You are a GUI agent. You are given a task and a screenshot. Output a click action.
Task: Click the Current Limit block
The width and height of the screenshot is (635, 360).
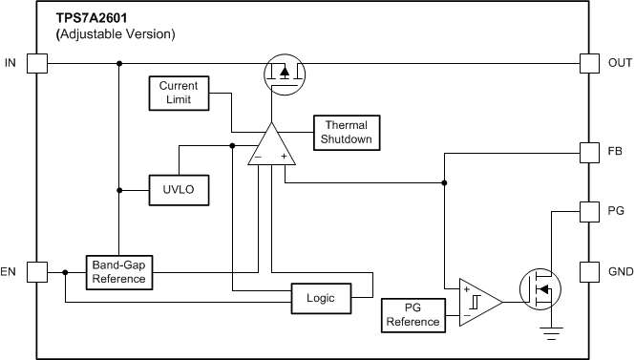(179, 93)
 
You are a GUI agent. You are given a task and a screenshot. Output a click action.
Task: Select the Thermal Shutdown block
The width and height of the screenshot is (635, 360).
(346, 133)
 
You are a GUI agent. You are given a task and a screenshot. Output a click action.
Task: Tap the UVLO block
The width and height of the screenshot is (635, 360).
(179, 190)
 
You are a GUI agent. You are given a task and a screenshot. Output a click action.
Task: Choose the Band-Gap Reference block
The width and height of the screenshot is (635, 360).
(119, 272)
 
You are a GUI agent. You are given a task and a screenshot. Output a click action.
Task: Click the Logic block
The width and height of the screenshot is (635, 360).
(321, 297)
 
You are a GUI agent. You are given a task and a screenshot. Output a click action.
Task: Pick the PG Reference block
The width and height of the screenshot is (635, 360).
(413, 314)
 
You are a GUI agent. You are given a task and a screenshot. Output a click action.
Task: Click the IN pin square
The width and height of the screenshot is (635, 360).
(36, 64)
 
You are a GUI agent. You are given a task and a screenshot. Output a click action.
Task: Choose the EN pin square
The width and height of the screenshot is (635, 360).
(36, 272)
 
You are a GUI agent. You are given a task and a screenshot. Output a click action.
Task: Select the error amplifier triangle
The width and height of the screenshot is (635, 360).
(270, 147)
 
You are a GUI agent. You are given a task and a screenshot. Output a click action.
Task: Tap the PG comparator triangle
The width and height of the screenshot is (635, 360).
(478, 302)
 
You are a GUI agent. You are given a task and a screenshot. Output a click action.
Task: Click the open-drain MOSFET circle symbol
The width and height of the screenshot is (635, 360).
(540, 289)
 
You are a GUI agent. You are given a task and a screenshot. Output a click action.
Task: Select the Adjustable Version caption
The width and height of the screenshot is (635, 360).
(116, 34)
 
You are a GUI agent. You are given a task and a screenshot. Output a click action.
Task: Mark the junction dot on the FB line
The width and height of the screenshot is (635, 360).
(444, 182)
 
